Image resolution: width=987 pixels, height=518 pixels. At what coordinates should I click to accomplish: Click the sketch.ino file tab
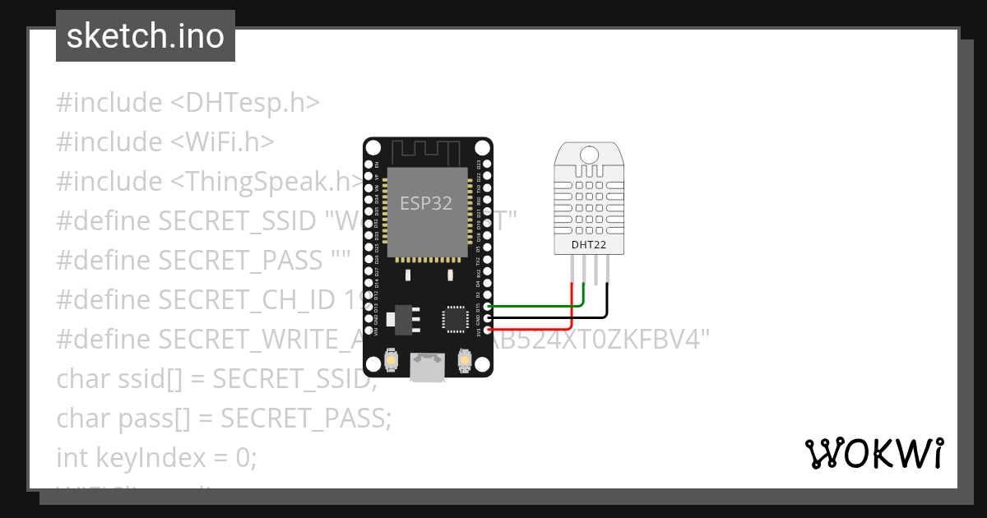pos(146,36)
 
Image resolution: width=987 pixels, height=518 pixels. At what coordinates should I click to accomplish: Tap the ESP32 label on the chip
pos(425,204)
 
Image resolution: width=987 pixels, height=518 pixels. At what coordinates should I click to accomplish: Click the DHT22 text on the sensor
pos(589,244)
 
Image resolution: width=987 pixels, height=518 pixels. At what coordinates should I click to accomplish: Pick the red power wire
pos(535,329)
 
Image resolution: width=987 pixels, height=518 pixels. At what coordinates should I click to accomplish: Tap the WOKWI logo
pos(874,453)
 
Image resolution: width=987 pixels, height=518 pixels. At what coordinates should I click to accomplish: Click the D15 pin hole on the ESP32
pos(488,306)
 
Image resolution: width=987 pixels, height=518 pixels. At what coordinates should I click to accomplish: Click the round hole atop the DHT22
pos(589,154)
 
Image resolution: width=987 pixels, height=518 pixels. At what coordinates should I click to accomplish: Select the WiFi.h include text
pos(222,142)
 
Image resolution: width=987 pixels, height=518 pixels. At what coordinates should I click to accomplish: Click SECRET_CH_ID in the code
pos(247,300)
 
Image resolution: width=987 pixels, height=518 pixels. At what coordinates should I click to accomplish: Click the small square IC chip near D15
pos(454,319)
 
